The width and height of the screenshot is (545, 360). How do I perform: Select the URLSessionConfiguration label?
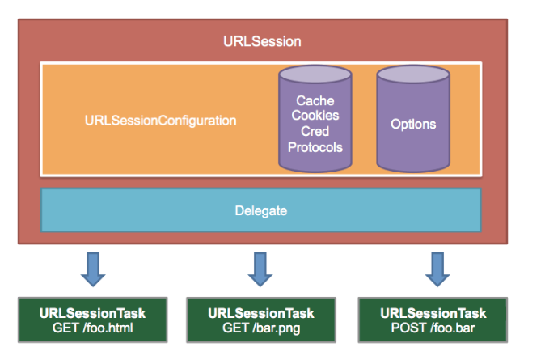pyautogui.click(x=160, y=121)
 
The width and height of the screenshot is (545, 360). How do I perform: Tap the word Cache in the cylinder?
pyautogui.click(x=315, y=101)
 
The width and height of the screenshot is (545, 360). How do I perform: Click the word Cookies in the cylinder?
pyautogui.click(x=315, y=116)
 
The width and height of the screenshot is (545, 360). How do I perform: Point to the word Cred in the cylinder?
pyautogui.click(x=315, y=132)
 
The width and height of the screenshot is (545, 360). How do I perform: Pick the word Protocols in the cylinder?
pyautogui.click(x=315, y=147)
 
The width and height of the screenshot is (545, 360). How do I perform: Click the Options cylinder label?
pyautogui.click(x=412, y=124)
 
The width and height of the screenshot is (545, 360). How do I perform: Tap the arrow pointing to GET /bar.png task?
pyautogui.click(x=259, y=269)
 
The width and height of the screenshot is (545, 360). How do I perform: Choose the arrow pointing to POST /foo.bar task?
pyautogui.click(x=437, y=269)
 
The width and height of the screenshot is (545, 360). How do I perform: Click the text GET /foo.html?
pyautogui.click(x=92, y=328)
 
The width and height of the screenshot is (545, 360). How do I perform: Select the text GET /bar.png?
pyautogui.click(x=260, y=328)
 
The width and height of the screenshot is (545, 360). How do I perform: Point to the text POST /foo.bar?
pyautogui.click(x=433, y=328)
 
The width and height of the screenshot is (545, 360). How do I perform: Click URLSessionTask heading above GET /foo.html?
pyautogui.click(x=92, y=313)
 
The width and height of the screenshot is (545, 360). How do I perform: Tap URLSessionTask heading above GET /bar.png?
pyautogui.click(x=260, y=313)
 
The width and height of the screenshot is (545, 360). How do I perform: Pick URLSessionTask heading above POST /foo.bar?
pyautogui.click(x=433, y=313)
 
